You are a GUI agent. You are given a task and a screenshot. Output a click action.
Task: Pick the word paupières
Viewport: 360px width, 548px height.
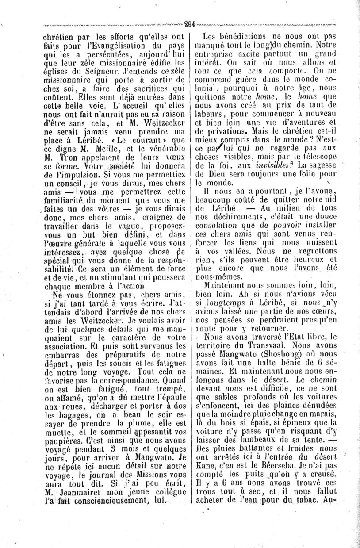61,453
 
